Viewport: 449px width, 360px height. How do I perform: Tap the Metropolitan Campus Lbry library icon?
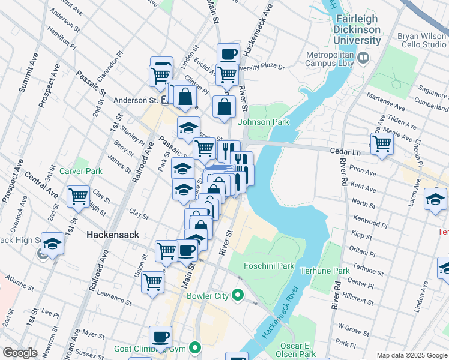coord(363,58)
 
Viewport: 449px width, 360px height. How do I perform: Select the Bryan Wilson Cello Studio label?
coord(421,40)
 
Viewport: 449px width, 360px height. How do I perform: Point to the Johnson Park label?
coord(264,122)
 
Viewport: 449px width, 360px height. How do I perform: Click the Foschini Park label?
coord(268,265)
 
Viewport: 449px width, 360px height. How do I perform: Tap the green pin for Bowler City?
coord(238,295)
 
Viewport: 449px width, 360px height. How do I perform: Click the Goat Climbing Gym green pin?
coord(194,347)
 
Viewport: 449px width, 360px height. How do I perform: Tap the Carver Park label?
coord(81,171)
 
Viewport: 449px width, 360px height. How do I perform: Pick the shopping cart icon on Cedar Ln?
coord(382,144)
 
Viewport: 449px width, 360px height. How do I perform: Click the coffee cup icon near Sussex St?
coord(160,337)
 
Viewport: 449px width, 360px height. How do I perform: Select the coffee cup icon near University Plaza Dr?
coord(228,54)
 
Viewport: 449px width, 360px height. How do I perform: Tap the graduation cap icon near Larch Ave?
coord(435,199)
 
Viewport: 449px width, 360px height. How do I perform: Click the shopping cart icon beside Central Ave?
coord(78,196)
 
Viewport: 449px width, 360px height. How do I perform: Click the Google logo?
coord(20,353)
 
